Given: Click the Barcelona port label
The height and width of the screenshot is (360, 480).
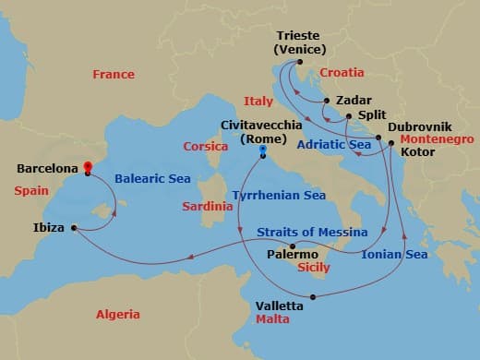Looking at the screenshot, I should coord(49,170).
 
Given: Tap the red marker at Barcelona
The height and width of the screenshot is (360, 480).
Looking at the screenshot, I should coord(88,168).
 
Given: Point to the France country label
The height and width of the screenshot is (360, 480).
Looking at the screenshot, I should coord(114,75).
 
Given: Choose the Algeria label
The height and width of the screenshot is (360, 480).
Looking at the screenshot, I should coord(118,315).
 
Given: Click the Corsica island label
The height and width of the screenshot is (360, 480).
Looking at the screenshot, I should coord(205,146).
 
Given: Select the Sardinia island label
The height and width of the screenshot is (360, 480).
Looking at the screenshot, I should coord(207,207).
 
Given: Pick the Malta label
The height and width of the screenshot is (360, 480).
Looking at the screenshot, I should coord(273,319).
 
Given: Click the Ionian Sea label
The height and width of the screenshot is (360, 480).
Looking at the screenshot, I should coord(395,254).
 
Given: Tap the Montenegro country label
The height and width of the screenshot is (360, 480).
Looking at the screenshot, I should coord(434,139).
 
